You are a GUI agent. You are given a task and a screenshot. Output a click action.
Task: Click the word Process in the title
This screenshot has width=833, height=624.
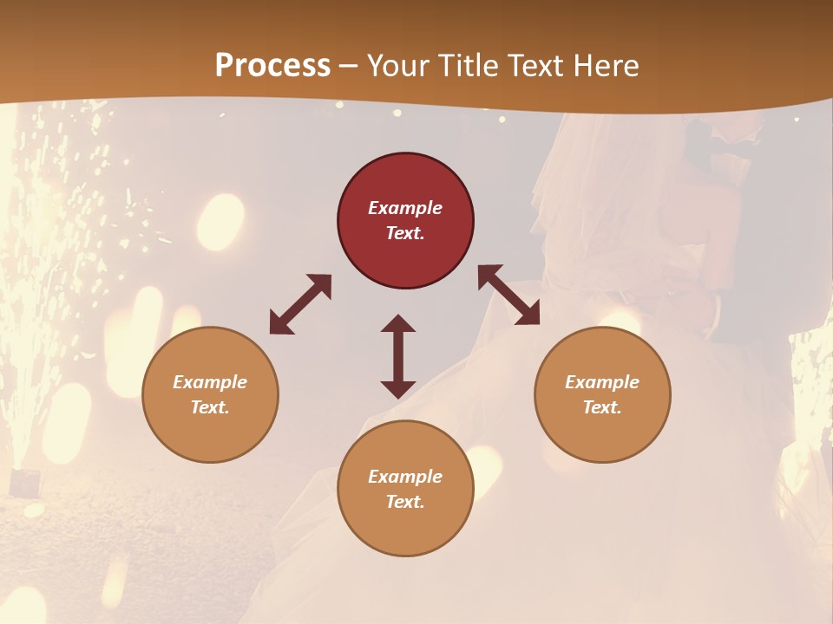(272, 66)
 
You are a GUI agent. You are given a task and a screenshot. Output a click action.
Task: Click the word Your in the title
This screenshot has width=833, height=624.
(398, 66)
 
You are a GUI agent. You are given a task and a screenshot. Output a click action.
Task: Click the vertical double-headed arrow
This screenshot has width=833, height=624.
(398, 356)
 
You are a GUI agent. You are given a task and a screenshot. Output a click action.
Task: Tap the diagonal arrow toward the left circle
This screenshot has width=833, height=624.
(300, 304)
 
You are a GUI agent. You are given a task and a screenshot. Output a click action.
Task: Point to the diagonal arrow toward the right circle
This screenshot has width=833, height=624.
(509, 295)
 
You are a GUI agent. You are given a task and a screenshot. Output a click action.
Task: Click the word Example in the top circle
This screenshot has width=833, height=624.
(405, 208)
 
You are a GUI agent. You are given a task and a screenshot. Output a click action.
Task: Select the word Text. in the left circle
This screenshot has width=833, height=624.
(210, 407)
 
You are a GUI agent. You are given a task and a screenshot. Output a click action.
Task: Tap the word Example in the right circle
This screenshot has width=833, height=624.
(602, 382)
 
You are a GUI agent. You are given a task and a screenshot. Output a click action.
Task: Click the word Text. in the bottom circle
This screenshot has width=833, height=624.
(405, 502)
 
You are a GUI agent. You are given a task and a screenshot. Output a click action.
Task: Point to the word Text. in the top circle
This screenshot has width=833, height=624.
(405, 233)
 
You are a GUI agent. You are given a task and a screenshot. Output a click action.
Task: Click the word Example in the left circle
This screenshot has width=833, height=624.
(210, 382)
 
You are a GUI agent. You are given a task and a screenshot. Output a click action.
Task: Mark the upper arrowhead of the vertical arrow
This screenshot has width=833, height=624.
(398, 323)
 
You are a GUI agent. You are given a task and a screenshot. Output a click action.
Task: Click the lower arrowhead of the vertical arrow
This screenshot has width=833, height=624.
(398, 389)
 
